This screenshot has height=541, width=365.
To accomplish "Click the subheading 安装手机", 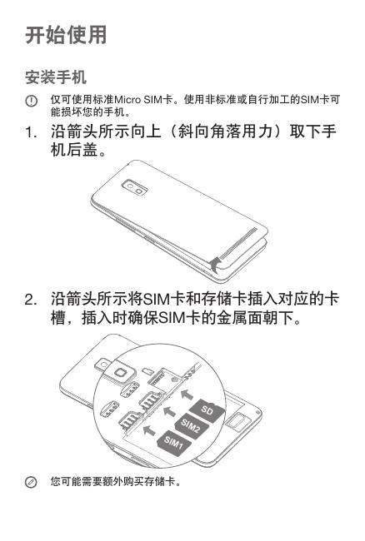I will pos(55,77).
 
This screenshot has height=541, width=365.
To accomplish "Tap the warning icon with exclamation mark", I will pos(32,101).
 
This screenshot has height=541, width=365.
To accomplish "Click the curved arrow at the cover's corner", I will pos(217,265).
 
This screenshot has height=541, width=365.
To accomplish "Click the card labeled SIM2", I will pos(191,425).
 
